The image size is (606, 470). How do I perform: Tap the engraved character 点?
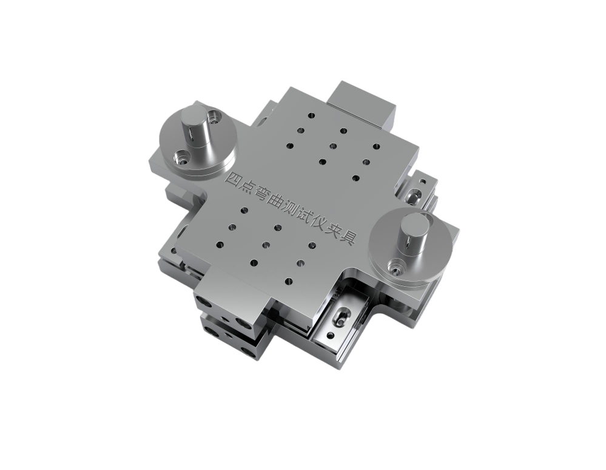(248, 186)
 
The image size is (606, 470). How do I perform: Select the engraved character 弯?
(263, 194)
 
